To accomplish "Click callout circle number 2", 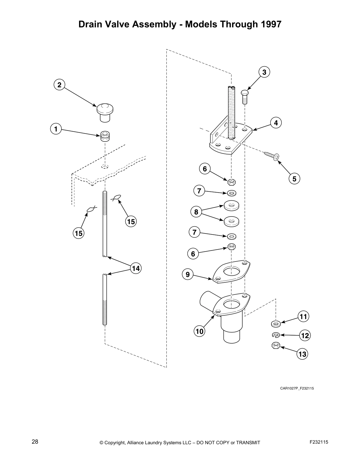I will [x=59, y=85].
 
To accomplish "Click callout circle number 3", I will [x=264, y=72].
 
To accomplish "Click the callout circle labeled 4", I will [x=276, y=123].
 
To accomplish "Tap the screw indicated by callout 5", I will [x=272, y=156].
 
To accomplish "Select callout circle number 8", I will [x=196, y=212].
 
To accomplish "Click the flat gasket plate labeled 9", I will [x=231, y=272].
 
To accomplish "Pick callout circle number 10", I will [x=199, y=331].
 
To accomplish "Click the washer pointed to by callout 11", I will [x=276, y=324].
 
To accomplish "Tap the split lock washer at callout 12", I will [x=276, y=335].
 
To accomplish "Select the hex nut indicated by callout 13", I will [x=276, y=346].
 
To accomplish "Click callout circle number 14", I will [x=136, y=268].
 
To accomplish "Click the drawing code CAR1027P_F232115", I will [x=297, y=388].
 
